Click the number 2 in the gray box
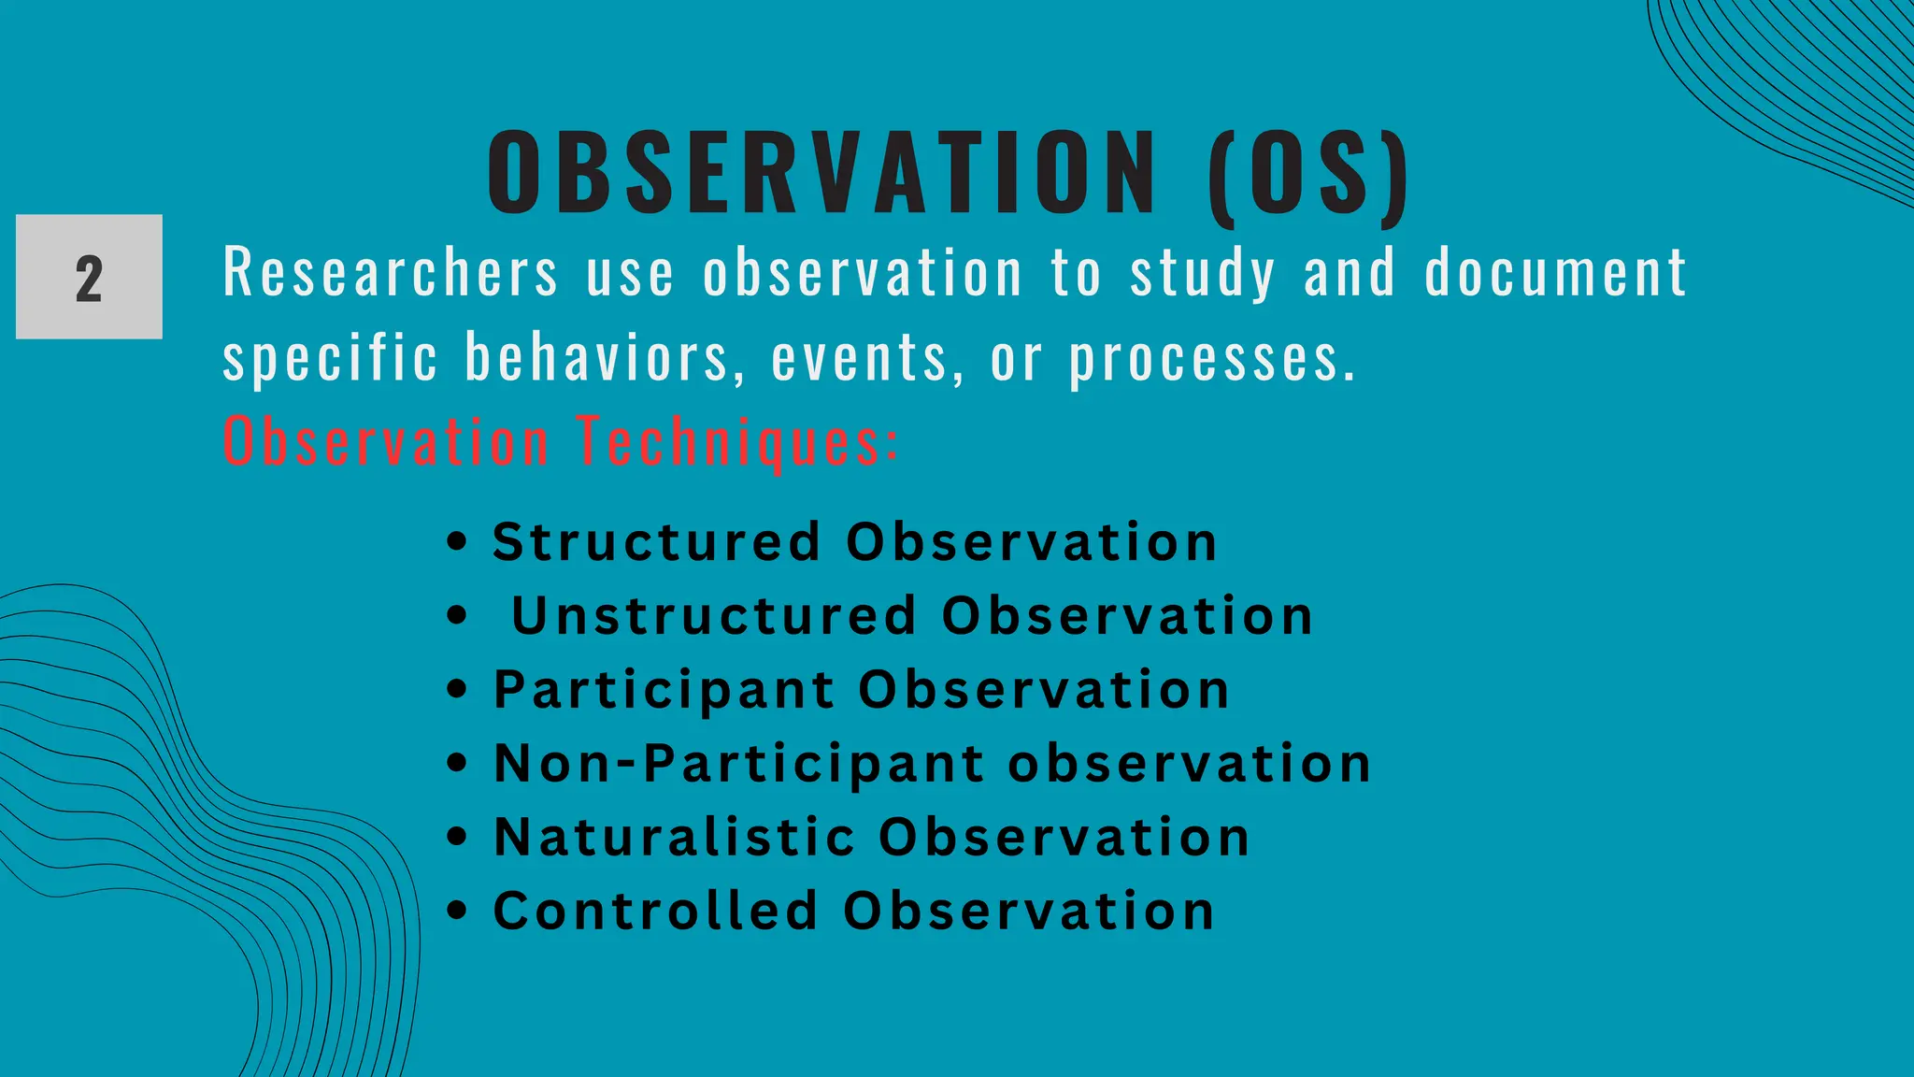pos(89,279)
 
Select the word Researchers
pos(391,274)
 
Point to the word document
pos(1556,274)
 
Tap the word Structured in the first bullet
pos(656,542)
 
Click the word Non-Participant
pos(738,763)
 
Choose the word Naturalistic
pos(674,837)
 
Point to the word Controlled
pos(655,911)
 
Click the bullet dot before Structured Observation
pos(456,541)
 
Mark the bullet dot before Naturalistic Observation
pos(456,836)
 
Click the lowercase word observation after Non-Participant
pos(1189,763)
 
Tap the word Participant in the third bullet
pos(664,690)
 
